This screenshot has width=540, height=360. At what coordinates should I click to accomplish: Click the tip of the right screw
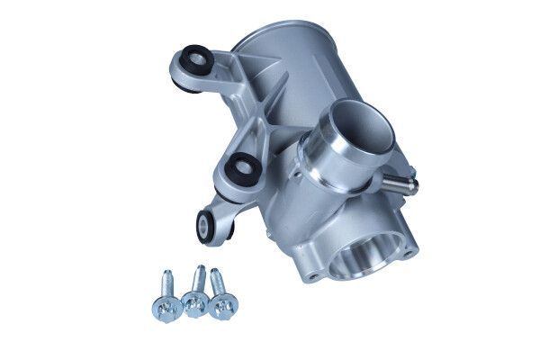213,271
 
